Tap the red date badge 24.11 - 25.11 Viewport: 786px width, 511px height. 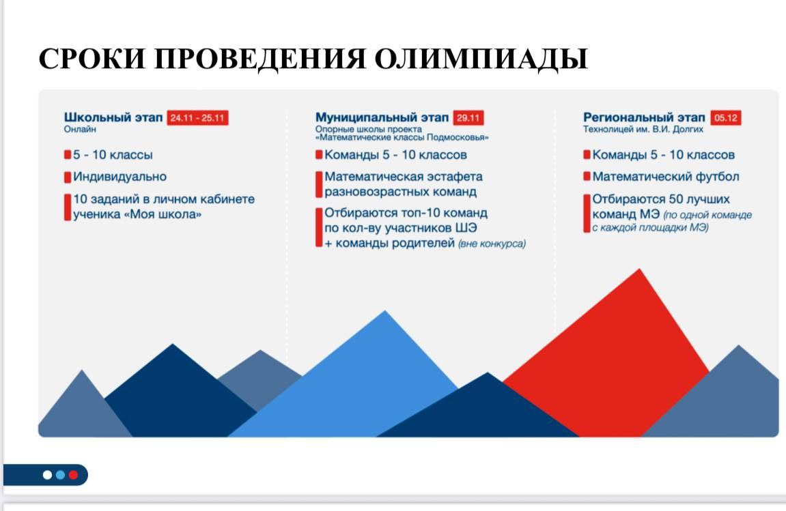tap(197, 118)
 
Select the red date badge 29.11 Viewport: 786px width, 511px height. tap(468, 118)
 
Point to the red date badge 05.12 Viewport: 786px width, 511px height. tap(725, 118)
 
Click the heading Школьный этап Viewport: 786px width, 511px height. tap(113, 117)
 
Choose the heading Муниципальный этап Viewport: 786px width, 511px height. tap(382, 117)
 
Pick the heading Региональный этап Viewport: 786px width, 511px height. tap(644, 117)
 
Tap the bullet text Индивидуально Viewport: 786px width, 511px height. tap(120, 177)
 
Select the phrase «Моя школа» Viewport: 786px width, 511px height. tap(167, 215)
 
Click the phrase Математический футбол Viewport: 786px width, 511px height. tap(665, 177)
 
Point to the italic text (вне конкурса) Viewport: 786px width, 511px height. tap(492, 244)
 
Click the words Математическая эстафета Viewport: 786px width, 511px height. tap(404, 177)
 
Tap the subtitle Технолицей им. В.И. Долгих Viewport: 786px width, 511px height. tap(643, 128)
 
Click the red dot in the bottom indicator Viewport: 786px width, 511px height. tap(73, 475)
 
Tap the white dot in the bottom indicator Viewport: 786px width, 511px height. tap(48, 475)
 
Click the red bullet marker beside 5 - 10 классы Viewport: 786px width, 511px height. tap(68, 155)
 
